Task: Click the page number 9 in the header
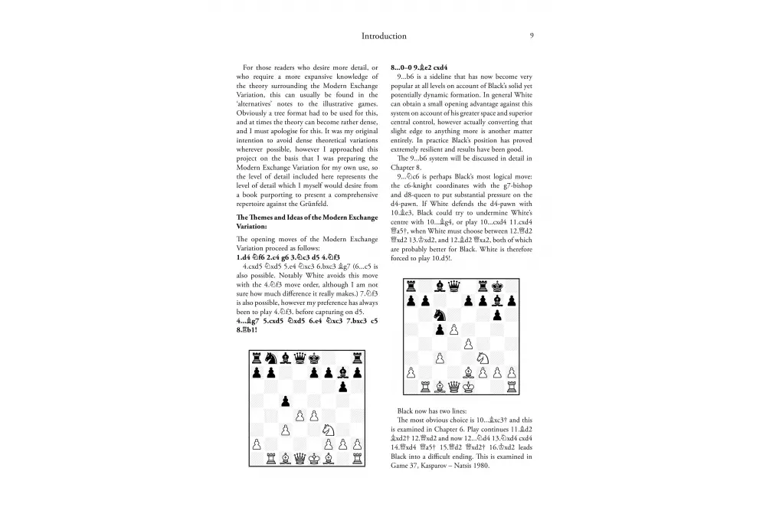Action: pyautogui.click(x=532, y=36)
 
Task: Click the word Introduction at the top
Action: pyautogui.click(x=384, y=36)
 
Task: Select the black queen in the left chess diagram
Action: pyautogui.click(x=299, y=358)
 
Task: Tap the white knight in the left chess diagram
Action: pyautogui.click(x=328, y=430)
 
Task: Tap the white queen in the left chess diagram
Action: pyautogui.click(x=299, y=458)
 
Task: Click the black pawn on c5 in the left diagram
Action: pyautogui.click(x=284, y=401)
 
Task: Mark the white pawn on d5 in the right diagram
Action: pyautogui.click(x=453, y=329)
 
